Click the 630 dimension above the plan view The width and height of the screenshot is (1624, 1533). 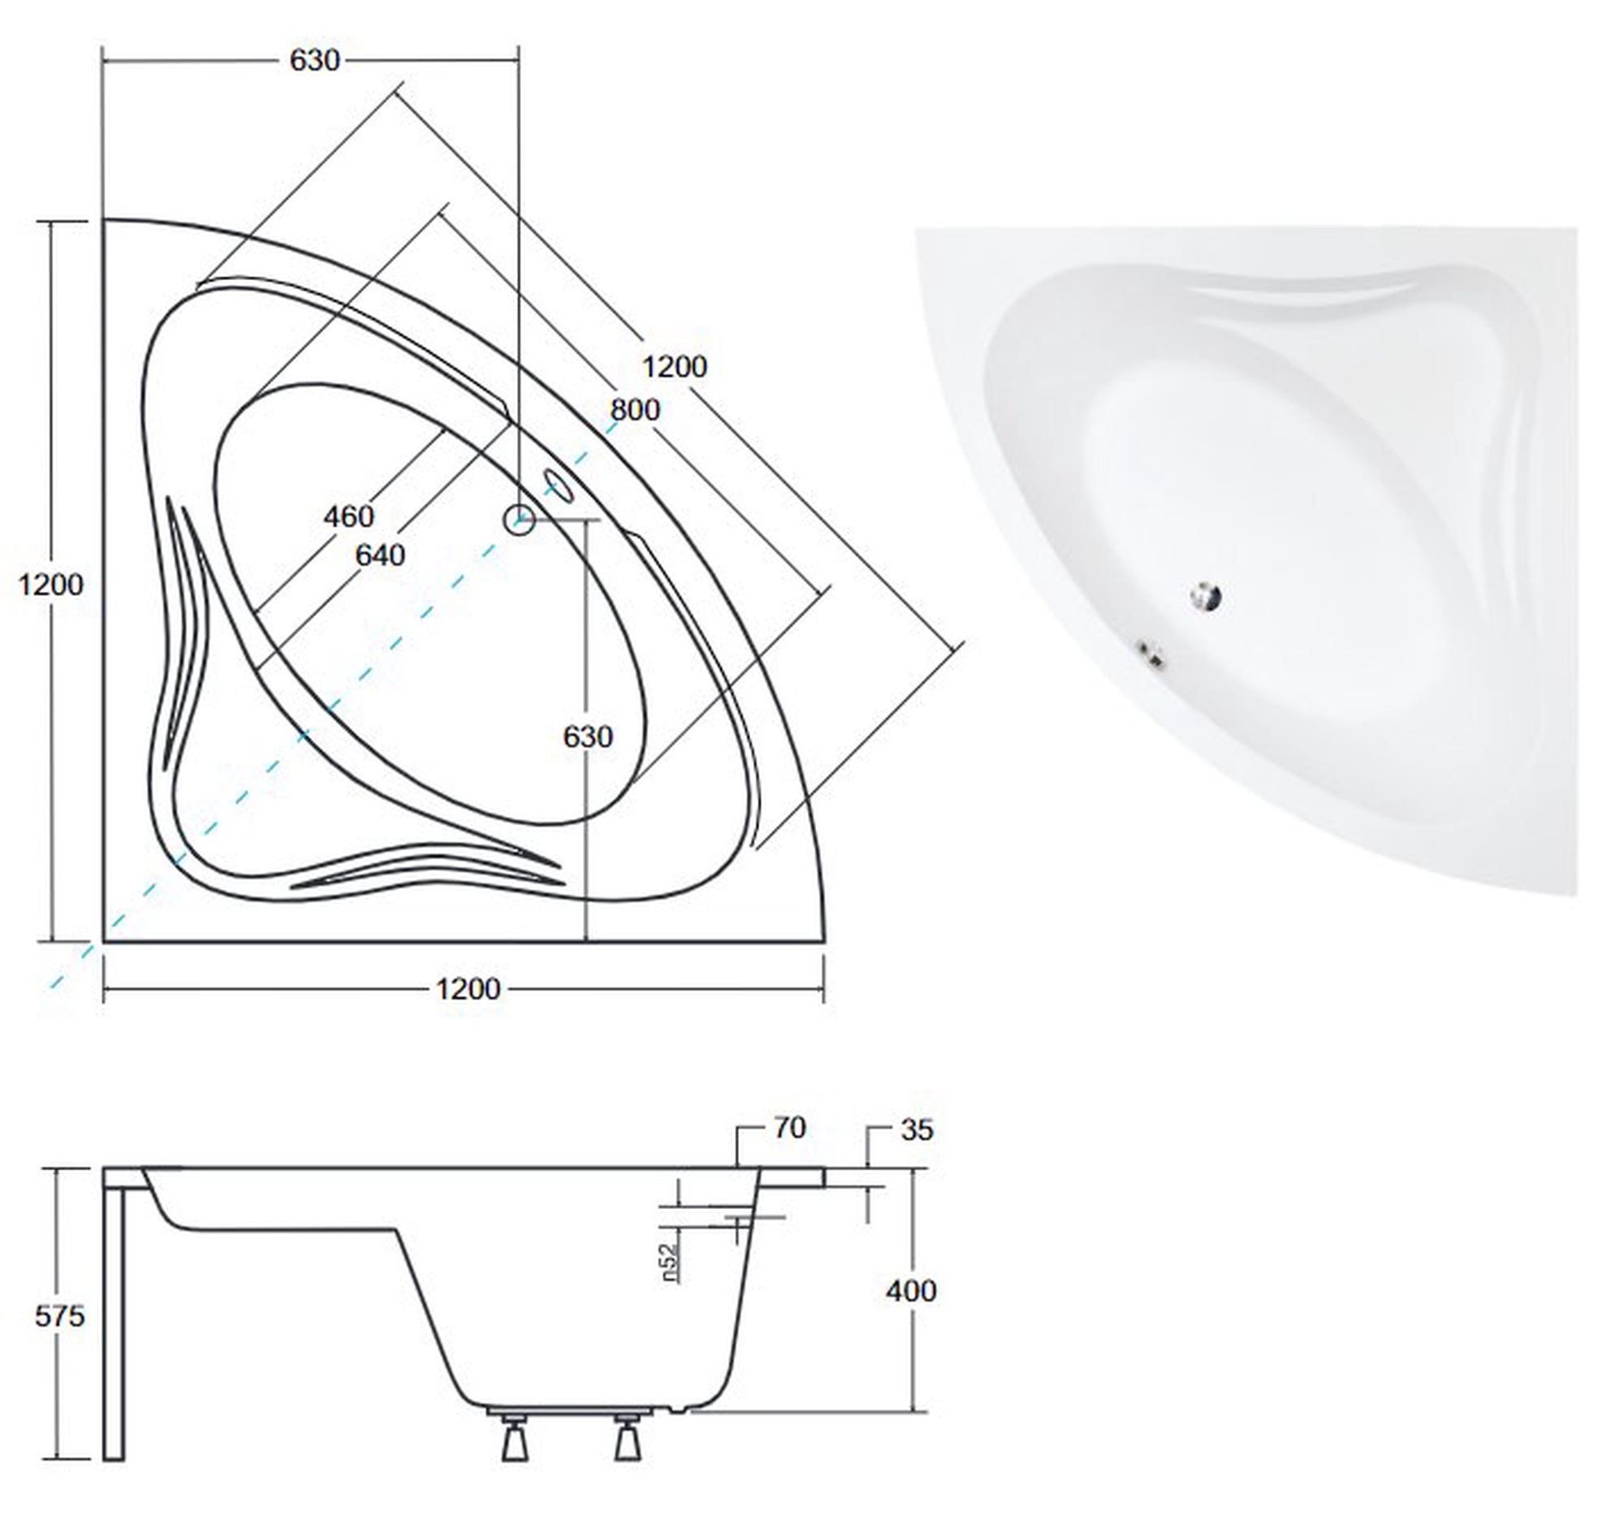click(x=315, y=60)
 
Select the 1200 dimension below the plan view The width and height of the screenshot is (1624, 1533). click(x=468, y=990)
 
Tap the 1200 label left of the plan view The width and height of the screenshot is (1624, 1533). click(x=50, y=585)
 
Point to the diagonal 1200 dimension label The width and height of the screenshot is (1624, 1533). click(x=674, y=367)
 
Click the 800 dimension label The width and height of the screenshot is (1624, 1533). click(x=635, y=409)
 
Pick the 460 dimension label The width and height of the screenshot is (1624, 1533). click(x=349, y=516)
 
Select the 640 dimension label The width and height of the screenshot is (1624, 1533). click(x=380, y=555)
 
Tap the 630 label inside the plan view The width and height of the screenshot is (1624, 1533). click(x=588, y=737)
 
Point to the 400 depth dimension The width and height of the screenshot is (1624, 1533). click(x=911, y=1291)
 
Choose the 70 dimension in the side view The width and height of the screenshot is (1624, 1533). click(x=788, y=1128)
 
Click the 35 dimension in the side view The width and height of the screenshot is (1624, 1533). click(x=916, y=1130)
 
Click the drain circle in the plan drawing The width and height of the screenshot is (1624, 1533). click(x=519, y=519)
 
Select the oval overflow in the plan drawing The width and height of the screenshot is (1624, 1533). click(x=559, y=486)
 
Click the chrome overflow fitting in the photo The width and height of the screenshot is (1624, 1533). click(x=1152, y=654)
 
